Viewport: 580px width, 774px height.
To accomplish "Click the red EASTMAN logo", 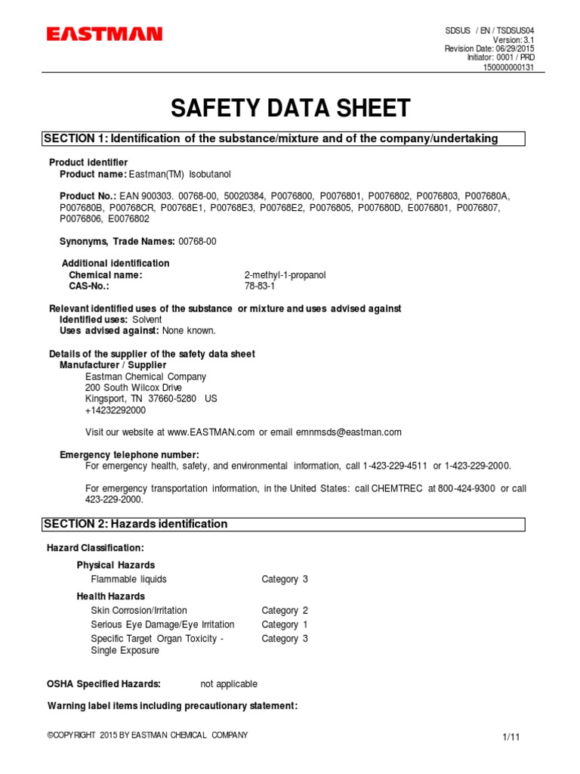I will click(104, 34).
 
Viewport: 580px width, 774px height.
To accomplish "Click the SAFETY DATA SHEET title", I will click(290, 108).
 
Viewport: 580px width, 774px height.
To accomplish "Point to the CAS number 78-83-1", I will click(261, 287).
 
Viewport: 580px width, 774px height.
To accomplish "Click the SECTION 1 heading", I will click(271, 138).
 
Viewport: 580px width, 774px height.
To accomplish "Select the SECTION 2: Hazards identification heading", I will click(135, 524).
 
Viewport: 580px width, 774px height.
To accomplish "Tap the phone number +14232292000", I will click(116, 410).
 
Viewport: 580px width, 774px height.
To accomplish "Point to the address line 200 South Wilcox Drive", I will click(134, 388).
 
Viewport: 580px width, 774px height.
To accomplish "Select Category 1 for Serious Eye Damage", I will click(285, 624).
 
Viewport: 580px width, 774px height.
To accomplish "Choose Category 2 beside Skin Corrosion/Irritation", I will click(285, 610).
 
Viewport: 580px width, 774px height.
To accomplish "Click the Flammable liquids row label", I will click(128, 579).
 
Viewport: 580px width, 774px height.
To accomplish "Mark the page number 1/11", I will click(511, 737).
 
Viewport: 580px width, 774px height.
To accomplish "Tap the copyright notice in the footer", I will click(147, 735).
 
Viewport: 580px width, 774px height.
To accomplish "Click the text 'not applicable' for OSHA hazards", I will click(229, 684).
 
